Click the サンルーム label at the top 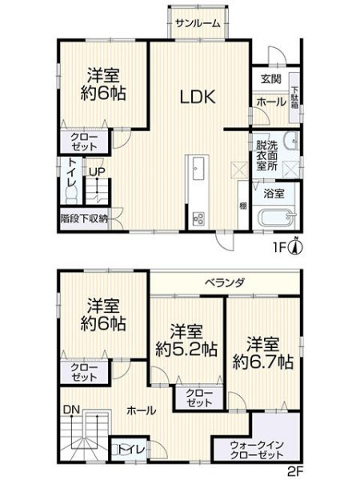tap(198, 23)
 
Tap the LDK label tap(198, 98)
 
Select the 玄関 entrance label tap(270, 79)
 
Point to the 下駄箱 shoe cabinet tap(294, 98)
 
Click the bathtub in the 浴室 tap(277, 218)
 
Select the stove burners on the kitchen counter tap(198, 219)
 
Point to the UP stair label tap(97, 172)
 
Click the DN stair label tap(71, 410)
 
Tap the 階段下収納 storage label tap(84, 218)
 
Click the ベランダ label tap(225, 282)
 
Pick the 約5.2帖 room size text tap(186, 350)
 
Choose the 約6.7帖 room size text tap(263, 362)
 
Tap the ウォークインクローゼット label tap(257, 449)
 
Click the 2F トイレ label tap(130, 449)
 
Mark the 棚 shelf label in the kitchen tap(242, 206)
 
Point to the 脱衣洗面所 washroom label tap(267, 155)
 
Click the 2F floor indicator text tap(295, 470)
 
